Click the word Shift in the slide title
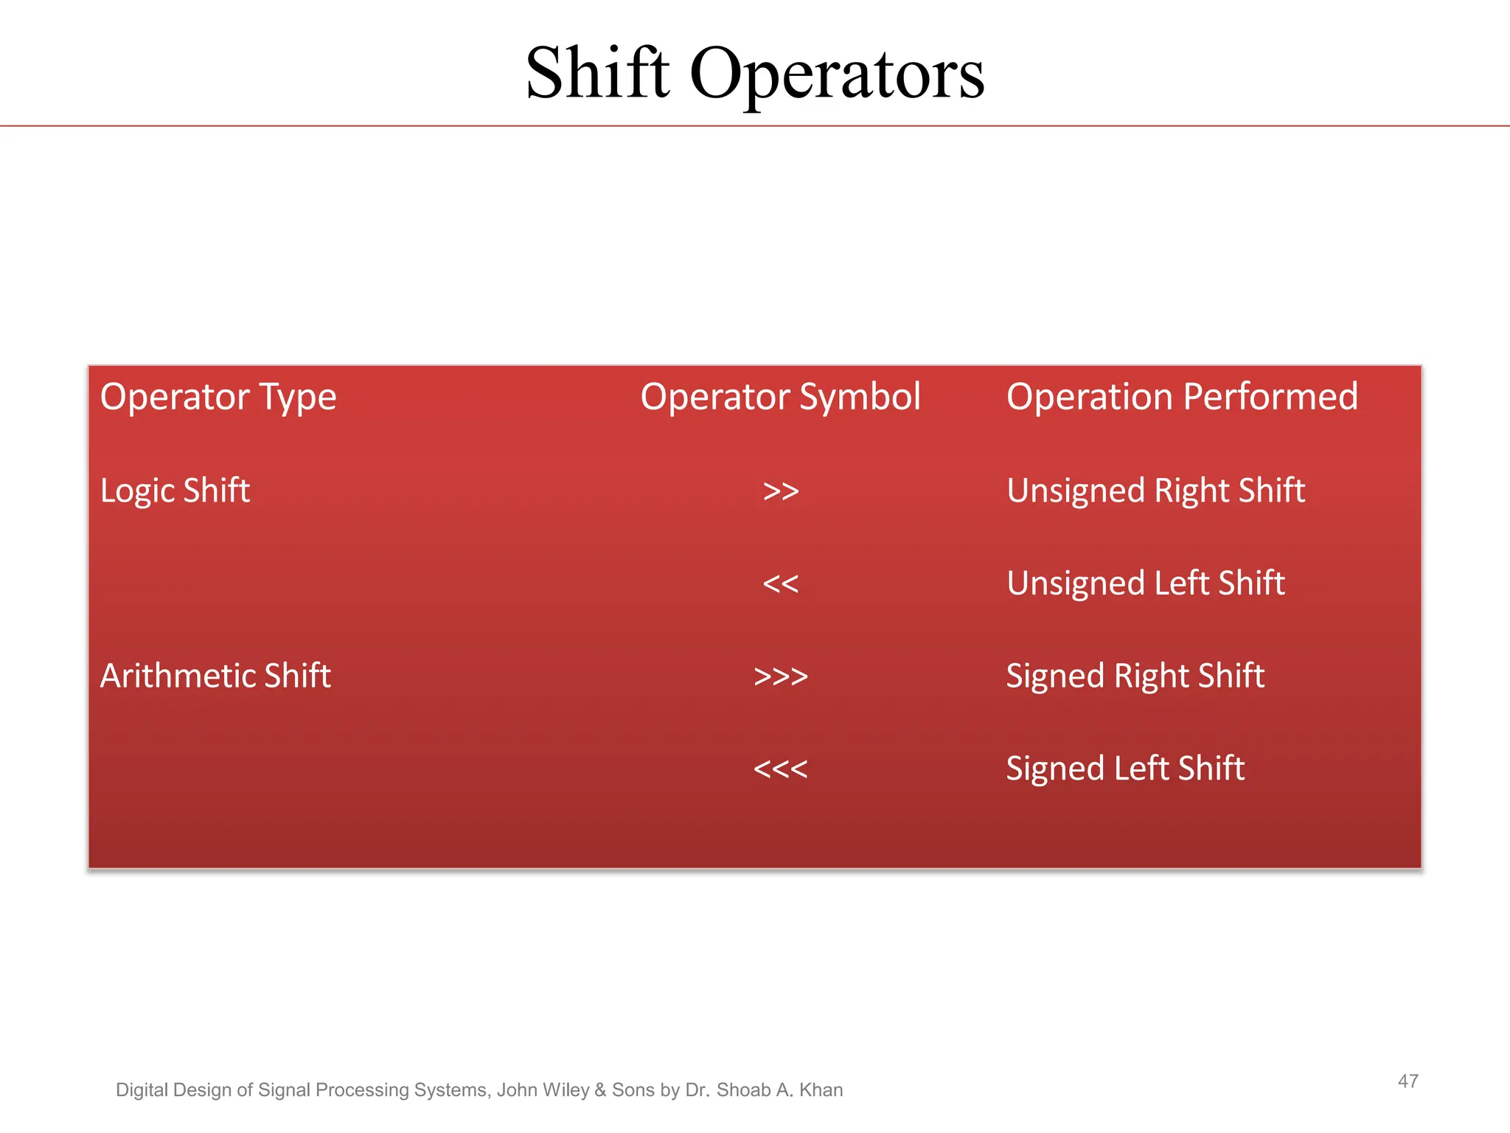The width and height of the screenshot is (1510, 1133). pyautogui.click(x=597, y=74)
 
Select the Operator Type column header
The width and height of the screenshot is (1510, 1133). pyautogui.click(x=218, y=398)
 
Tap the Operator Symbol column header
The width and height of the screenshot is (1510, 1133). pyautogui.click(x=780, y=398)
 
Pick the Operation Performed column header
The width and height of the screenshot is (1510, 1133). pyautogui.click(x=1182, y=397)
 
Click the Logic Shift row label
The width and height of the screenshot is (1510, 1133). pyautogui.click(x=175, y=491)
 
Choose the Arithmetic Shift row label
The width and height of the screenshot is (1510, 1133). pyautogui.click(x=215, y=676)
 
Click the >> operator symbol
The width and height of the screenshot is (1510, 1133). pyautogui.click(x=781, y=491)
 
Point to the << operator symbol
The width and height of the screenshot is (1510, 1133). pyautogui.click(x=781, y=584)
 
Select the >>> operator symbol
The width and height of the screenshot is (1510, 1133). pyautogui.click(x=781, y=676)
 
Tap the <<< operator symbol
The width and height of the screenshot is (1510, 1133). pyautogui.click(x=781, y=769)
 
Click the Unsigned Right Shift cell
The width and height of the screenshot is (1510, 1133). pyautogui.click(x=1155, y=491)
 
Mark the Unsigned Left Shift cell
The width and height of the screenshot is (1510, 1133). pyautogui.click(x=1145, y=583)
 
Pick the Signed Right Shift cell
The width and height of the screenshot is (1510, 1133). pyautogui.click(x=1135, y=676)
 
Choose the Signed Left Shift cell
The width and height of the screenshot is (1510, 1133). pyautogui.click(x=1125, y=769)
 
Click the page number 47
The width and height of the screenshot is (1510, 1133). pyautogui.click(x=1408, y=1081)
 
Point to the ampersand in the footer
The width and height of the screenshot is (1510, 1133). pyautogui.click(x=600, y=1090)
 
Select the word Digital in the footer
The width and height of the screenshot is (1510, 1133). pyautogui.click(x=142, y=1090)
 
